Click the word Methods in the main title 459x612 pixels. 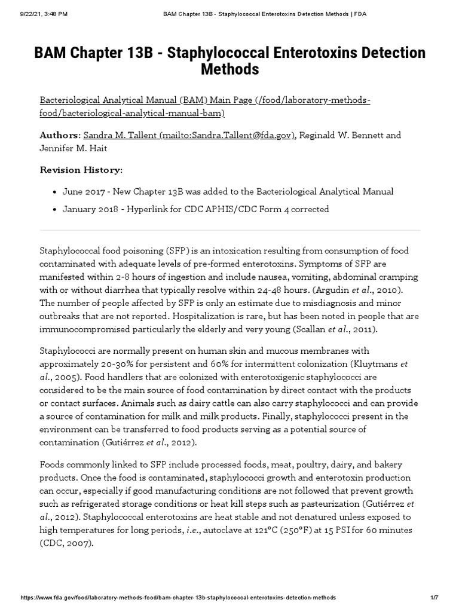(229, 70)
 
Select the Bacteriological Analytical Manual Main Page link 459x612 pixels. (204, 106)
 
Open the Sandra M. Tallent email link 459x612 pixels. (189, 136)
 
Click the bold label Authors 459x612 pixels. (59, 136)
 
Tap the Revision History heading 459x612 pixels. (81, 170)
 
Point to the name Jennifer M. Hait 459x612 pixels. (74, 148)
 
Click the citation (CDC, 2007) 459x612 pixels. (66, 543)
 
